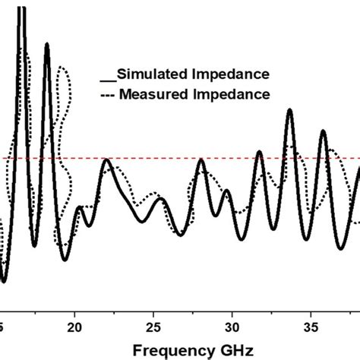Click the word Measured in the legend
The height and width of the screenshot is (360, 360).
tap(153, 95)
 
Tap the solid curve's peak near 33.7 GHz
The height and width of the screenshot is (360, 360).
tap(290, 111)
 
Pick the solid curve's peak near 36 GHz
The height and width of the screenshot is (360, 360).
tap(324, 132)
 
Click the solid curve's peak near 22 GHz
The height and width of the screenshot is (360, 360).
tap(106, 161)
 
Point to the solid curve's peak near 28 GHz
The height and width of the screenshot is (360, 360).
tap(201, 161)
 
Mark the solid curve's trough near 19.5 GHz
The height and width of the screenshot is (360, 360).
tap(65, 260)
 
